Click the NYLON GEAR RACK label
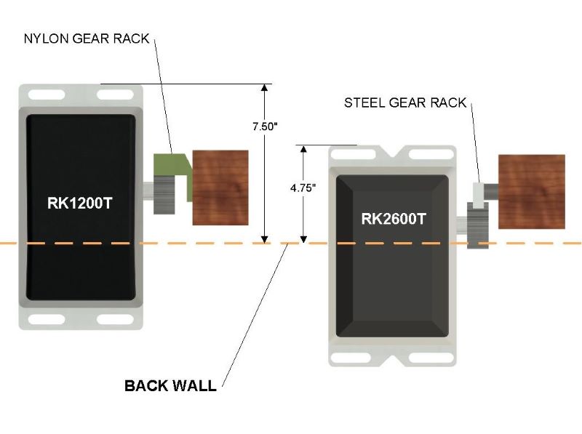(x=87, y=39)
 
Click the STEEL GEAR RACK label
(x=404, y=103)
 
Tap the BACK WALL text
(x=170, y=385)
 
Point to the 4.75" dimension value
(x=303, y=188)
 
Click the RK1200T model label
(x=80, y=204)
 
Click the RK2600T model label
(x=393, y=218)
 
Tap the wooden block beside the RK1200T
(x=220, y=188)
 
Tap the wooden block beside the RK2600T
(x=531, y=192)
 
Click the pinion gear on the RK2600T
(x=477, y=225)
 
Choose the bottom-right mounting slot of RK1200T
(x=115, y=319)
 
